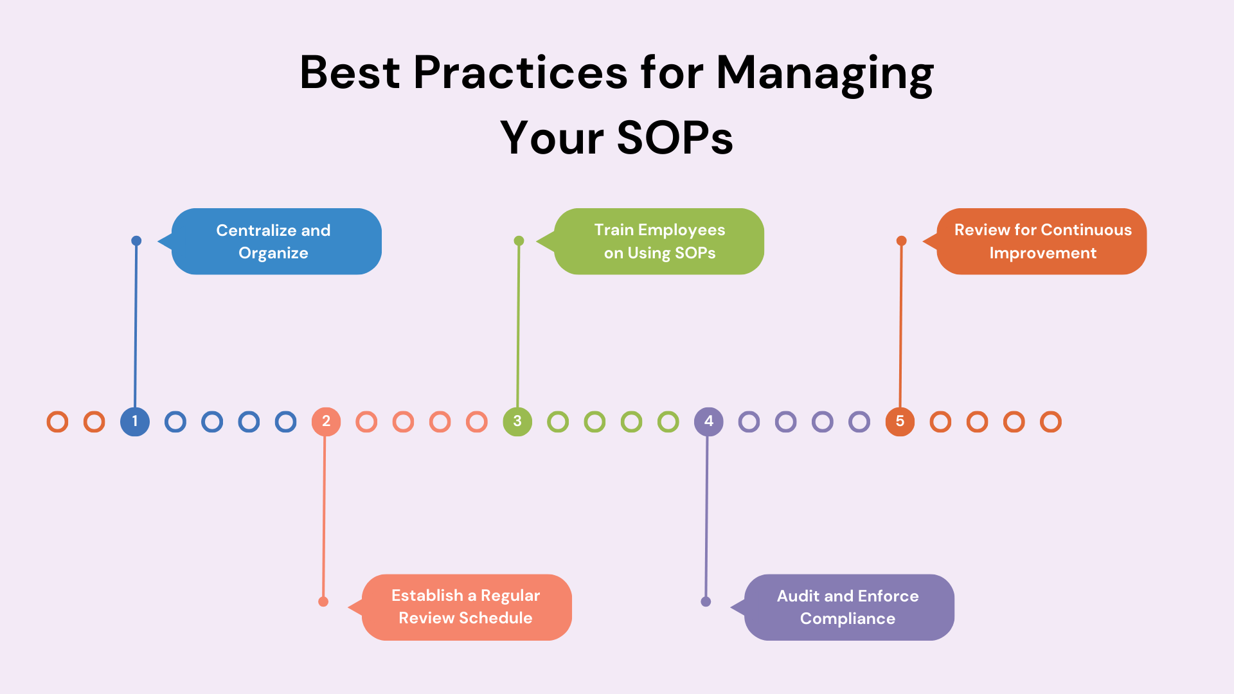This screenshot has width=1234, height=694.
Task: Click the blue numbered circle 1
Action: pos(135,422)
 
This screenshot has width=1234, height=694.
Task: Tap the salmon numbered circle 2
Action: pos(326,422)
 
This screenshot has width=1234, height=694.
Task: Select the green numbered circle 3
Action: pos(517,422)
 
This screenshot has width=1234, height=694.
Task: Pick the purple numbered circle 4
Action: pos(708,422)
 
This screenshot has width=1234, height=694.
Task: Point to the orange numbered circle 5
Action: pos(900,422)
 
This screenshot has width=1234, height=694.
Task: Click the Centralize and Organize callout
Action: pos(276,242)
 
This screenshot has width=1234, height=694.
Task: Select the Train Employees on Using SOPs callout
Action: pos(659,242)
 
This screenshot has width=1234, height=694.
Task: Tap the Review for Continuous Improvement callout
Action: pos(1041,242)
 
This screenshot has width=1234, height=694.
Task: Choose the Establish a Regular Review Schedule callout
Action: pos(466,607)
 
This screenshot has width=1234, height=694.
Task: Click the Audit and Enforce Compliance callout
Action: pos(848,607)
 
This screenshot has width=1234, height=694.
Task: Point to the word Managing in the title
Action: pos(825,74)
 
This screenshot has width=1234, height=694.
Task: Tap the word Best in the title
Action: pos(350,72)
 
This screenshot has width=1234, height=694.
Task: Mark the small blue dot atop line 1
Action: pos(136,241)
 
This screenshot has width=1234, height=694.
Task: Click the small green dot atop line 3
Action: pos(519,241)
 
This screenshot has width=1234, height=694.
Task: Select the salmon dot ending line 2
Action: pos(323,601)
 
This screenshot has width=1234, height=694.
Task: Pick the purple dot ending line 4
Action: pos(706,601)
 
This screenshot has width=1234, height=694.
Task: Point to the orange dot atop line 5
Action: pos(902,241)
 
